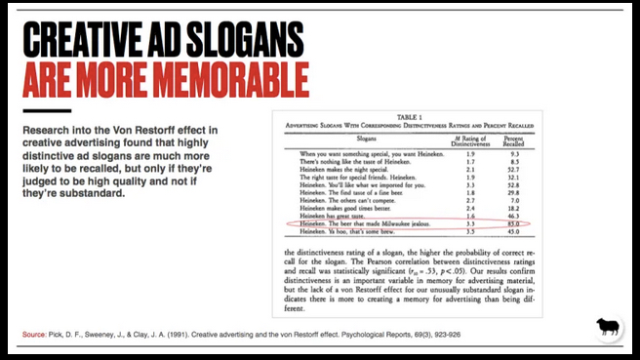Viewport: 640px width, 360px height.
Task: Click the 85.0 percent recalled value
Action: [495, 223]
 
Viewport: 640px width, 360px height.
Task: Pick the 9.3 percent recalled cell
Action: [495, 154]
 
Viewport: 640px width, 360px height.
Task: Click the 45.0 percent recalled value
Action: [495, 232]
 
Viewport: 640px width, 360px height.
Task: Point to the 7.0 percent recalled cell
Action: [495, 198]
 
